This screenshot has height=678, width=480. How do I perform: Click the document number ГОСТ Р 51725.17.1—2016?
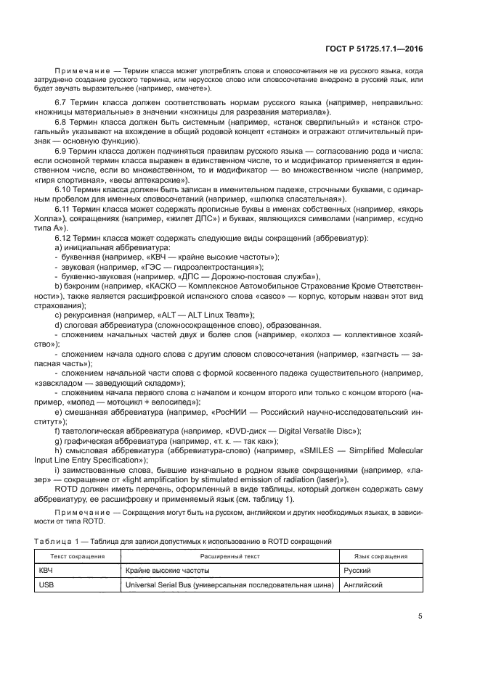372,48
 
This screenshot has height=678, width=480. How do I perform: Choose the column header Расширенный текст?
230,557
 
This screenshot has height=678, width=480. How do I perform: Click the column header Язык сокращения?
381,557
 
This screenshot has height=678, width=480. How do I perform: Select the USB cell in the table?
46,584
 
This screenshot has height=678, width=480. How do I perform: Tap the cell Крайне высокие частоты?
163,571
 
